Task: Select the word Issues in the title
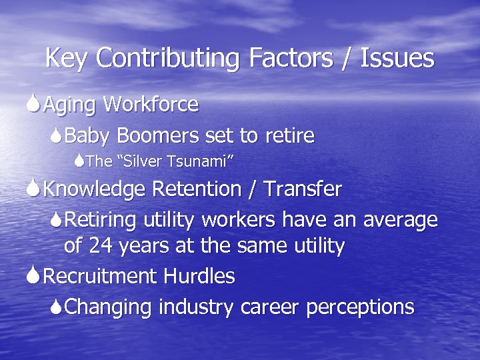(x=397, y=59)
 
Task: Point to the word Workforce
(x=151, y=105)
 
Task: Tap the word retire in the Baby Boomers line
(x=289, y=136)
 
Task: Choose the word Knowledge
(x=95, y=189)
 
